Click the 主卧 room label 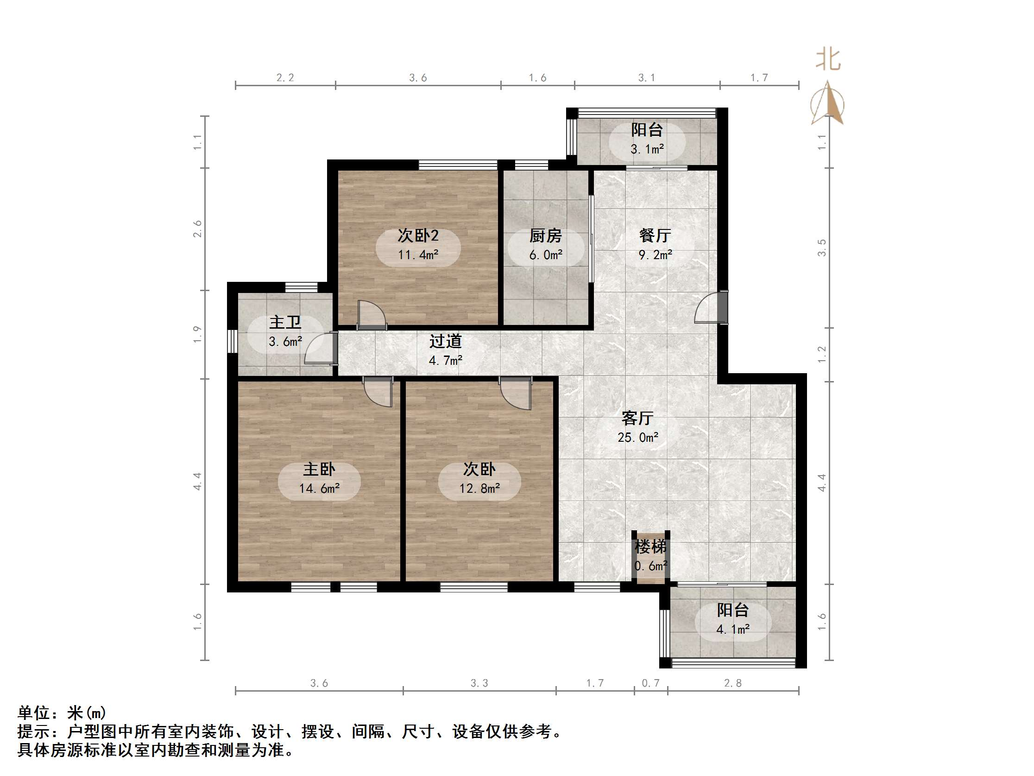tap(319, 469)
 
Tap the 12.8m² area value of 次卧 tap(479, 489)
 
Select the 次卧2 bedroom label tap(418, 235)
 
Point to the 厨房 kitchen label tap(546, 236)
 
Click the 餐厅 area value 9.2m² tap(656, 255)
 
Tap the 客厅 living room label tap(637, 418)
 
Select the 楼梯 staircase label tap(650, 547)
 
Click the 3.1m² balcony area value tap(647, 149)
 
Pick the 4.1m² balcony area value tap(732, 630)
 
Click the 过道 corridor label tap(446, 342)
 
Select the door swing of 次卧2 tap(371, 314)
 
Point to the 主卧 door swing tap(378, 392)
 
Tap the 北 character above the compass tap(828, 60)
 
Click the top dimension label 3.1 tap(647, 78)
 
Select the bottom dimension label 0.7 tap(650, 683)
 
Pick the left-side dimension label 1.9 tap(197, 334)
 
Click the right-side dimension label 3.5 tap(821, 248)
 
